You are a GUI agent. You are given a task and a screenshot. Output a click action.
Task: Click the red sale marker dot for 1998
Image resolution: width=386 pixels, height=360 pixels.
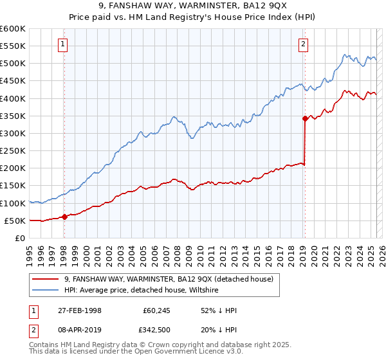64,217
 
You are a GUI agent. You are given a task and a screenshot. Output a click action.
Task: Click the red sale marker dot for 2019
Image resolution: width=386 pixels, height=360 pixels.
305,118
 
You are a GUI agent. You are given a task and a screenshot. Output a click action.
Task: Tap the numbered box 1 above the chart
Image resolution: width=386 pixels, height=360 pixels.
62,44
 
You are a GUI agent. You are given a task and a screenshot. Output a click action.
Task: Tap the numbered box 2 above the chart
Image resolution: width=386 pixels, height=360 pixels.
303,44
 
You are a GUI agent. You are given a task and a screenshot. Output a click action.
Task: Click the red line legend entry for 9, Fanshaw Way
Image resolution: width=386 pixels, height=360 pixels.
169,279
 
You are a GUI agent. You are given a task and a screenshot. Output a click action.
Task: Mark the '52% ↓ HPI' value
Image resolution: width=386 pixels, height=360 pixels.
219,310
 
